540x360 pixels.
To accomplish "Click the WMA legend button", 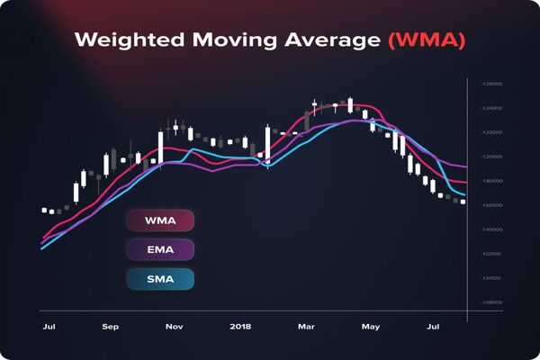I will [160, 220].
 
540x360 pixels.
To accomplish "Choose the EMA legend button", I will [160, 249].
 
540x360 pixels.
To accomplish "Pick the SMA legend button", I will [160, 278].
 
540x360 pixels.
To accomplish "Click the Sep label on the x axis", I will [111, 327].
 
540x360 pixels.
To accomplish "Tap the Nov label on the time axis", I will [175, 327].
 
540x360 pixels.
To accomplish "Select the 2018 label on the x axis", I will [240, 327].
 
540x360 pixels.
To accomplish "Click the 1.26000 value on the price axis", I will [491, 84].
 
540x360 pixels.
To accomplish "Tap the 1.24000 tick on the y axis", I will [491, 108].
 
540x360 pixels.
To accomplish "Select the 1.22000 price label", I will [491, 132].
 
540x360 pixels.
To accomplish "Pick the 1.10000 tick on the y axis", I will [491, 278].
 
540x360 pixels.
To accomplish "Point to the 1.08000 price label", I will [491, 302].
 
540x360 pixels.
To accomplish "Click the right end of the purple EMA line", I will [465, 167].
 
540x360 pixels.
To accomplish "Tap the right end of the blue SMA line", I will [465, 195].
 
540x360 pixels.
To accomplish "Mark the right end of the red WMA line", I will [465, 183].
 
